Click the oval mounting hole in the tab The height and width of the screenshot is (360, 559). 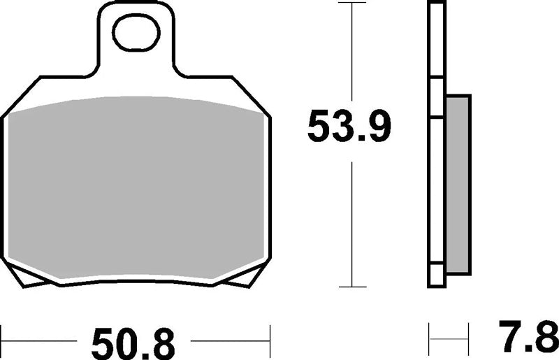pos(136,32)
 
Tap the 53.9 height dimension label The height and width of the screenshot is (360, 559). pos(349,127)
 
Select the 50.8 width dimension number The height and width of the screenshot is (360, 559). pos(133,345)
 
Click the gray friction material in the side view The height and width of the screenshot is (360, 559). pos(458,185)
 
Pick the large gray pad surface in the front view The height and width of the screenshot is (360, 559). pos(136,187)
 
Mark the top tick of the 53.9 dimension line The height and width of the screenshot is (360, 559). pos(352,3)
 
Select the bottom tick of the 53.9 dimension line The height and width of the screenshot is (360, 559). pos(352,287)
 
